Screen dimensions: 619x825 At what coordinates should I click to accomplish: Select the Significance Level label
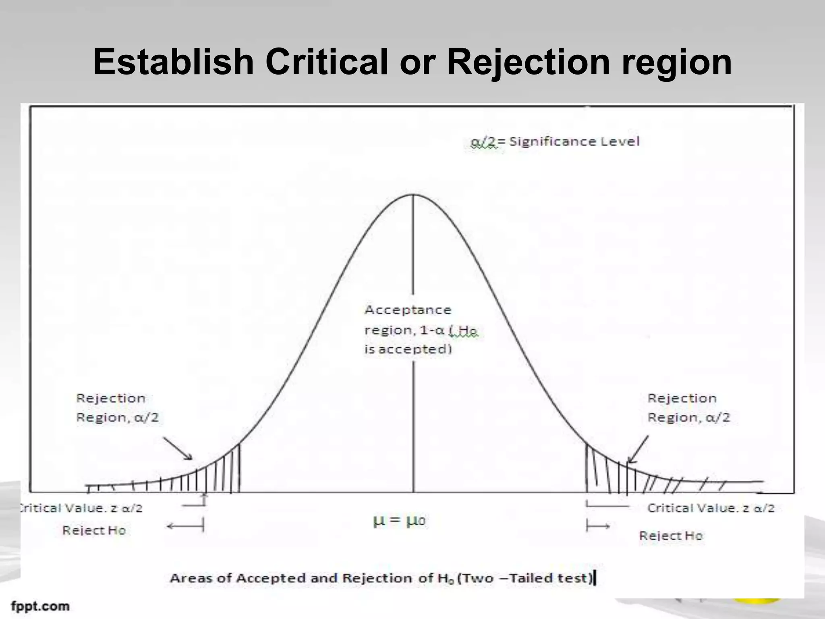(574, 141)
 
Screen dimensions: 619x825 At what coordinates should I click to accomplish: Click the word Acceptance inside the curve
(408, 310)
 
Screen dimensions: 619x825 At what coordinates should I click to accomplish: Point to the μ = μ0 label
(399, 521)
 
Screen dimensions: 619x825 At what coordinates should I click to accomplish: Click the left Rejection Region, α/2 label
(117, 408)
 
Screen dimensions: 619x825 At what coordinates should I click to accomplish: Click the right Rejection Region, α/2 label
(688, 408)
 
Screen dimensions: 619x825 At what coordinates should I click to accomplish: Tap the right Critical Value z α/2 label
(711, 508)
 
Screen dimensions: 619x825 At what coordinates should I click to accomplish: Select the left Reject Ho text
(94, 530)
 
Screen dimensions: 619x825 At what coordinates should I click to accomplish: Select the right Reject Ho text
(671, 536)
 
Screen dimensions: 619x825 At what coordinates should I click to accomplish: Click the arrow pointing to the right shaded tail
(638, 449)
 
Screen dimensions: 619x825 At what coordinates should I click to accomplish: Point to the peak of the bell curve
(413, 195)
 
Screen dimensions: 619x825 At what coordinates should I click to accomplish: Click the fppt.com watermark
(40, 606)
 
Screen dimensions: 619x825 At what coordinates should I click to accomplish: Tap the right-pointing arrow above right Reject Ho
(598, 526)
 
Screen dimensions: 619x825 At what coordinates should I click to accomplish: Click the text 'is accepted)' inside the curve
(408, 349)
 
